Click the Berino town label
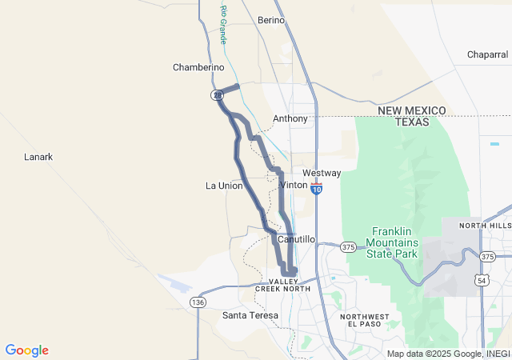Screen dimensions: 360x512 (271, 20)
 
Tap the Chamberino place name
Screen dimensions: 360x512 (198, 67)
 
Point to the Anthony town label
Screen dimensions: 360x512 (290, 118)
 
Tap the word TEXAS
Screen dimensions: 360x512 (412, 122)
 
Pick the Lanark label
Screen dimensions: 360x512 (38, 157)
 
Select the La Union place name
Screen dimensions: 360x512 (224, 186)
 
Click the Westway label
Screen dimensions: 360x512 (322, 173)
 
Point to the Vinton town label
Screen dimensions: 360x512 (294, 185)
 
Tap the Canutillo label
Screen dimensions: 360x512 (296, 239)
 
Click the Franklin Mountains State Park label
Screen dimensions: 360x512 (392, 242)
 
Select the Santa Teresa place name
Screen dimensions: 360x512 (250, 315)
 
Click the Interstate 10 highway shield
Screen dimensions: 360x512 (318, 190)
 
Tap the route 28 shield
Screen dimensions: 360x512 (217, 95)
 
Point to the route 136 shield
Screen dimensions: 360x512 (198, 302)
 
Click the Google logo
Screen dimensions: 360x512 (27, 350)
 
